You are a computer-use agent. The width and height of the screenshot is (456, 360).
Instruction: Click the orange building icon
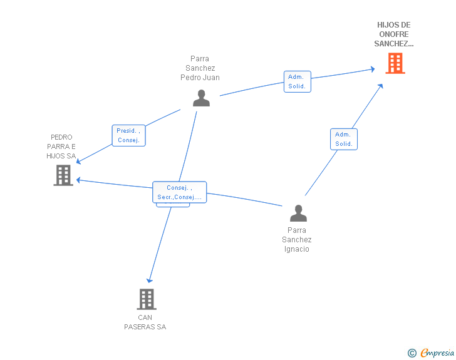point(395,63)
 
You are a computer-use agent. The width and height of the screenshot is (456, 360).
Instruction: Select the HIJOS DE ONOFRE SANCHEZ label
point(394,34)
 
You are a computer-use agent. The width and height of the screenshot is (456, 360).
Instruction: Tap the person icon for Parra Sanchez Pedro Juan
point(201,98)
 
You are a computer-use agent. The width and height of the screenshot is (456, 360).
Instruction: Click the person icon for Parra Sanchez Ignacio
point(298,213)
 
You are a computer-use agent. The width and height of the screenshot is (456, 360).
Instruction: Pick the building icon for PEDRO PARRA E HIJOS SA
point(63,175)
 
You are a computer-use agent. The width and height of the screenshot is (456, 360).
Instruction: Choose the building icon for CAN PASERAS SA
point(146,299)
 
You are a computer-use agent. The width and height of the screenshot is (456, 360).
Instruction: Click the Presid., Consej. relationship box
point(128,136)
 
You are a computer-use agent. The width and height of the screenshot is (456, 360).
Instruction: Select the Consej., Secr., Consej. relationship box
point(179,192)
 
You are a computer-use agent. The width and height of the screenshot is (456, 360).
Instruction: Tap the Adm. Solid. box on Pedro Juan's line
point(297,81)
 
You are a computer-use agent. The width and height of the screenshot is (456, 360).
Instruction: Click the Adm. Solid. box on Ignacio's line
point(343,139)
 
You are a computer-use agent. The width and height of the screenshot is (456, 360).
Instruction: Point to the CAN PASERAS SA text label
point(145,322)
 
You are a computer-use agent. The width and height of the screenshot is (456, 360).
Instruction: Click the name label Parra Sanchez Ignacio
point(297,240)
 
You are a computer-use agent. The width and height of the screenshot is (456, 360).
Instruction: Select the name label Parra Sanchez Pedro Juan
point(200,68)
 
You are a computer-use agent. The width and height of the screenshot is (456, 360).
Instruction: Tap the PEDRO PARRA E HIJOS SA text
point(61,147)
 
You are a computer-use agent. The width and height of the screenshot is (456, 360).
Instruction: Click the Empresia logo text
point(437,353)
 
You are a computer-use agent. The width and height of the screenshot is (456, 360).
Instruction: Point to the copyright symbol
point(412,353)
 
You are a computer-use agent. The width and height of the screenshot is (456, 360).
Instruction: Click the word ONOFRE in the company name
point(394,34)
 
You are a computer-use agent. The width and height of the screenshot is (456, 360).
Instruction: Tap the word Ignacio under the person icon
point(297,249)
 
